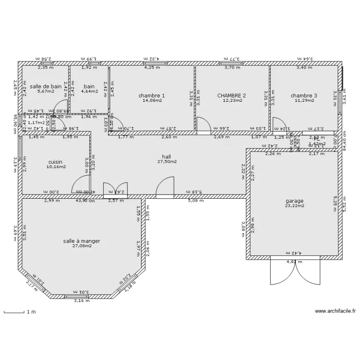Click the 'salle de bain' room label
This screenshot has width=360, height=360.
pyautogui.click(x=46, y=86)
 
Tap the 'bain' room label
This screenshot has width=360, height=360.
pyautogui.click(x=89, y=86)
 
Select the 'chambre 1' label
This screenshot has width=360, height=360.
pyautogui.click(x=151, y=96)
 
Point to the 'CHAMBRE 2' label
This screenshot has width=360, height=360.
pyautogui.click(x=231, y=96)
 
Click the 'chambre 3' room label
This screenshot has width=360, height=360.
pyautogui.click(x=304, y=96)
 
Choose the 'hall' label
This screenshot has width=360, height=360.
pyautogui.click(x=167, y=156)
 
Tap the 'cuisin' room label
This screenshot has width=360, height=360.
pyautogui.click(x=56, y=162)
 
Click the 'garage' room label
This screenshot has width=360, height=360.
pyautogui.click(x=295, y=201)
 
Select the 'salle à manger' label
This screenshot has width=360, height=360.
pyautogui.click(x=82, y=241)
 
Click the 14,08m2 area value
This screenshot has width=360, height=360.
pyautogui.click(x=152, y=101)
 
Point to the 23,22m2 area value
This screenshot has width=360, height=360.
pyautogui.click(x=295, y=206)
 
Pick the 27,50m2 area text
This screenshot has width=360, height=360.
pyautogui.click(x=167, y=162)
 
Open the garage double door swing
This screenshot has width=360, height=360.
pyautogui.click(x=295, y=271)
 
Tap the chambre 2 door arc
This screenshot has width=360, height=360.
pyautogui.click(x=203, y=124)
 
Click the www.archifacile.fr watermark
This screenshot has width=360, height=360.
pyautogui.click(x=335, y=311)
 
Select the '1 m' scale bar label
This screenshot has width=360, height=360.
pyautogui.click(x=31, y=312)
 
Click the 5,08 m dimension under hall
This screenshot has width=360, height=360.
pyautogui.click(x=195, y=201)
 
